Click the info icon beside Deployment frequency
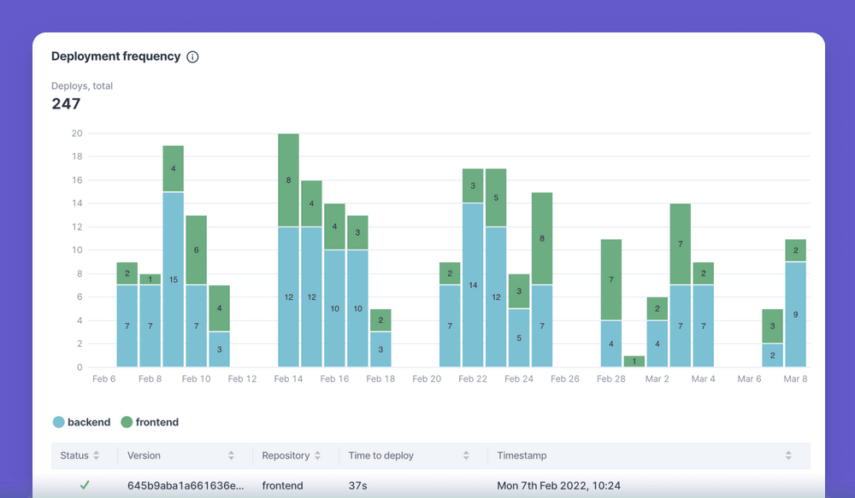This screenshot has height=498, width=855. pyautogui.click(x=192, y=57)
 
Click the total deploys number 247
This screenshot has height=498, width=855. pyautogui.click(x=66, y=104)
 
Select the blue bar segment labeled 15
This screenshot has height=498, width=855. pyautogui.click(x=174, y=279)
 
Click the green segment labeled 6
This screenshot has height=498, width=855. pyautogui.click(x=196, y=249)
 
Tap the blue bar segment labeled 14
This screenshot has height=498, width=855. pyautogui.click(x=473, y=284)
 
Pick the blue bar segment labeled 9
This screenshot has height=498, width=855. pyautogui.click(x=795, y=314)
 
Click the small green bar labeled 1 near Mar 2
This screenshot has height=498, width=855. pyautogui.click(x=634, y=361)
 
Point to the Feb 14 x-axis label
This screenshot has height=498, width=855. pyautogui.click(x=288, y=379)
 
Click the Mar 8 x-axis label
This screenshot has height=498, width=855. pyautogui.click(x=795, y=379)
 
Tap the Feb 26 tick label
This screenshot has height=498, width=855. pyautogui.click(x=565, y=379)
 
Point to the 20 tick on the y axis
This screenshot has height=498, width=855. pyautogui.click(x=77, y=133)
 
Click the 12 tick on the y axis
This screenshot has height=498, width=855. pyautogui.click(x=77, y=227)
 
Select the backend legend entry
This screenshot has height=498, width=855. pyautogui.click(x=82, y=422)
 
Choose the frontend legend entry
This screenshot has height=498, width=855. pyautogui.click(x=150, y=422)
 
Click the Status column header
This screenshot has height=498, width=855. pyautogui.click(x=74, y=456)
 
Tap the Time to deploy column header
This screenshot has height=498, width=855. pyautogui.click(x=381, y=456)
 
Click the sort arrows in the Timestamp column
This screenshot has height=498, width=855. pyautogui.click(x=788, y=456)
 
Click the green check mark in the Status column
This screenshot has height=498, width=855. pyautogui.click(x=85, y=485)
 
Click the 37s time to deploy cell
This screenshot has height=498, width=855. pyautogui.click(x=357, y=486)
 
